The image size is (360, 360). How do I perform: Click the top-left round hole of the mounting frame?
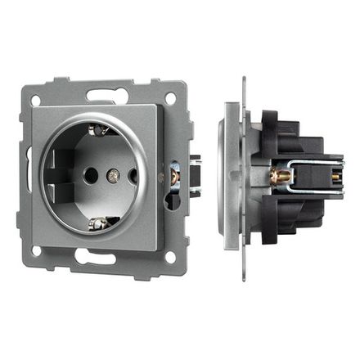pyautogui.click(x=36, y=101)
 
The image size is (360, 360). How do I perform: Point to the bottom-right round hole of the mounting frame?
pyautogui.click(x=170, y=256)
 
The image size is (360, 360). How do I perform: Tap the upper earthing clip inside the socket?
pyautogui.click(x=100, y=129)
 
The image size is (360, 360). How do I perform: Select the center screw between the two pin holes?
pyautogui.click(x=113, y=175)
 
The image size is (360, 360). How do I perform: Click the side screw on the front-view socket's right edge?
pyautogui.click(x=174, y=175)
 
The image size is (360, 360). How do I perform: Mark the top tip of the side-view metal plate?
pyautogui.click(x=243, y=80)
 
